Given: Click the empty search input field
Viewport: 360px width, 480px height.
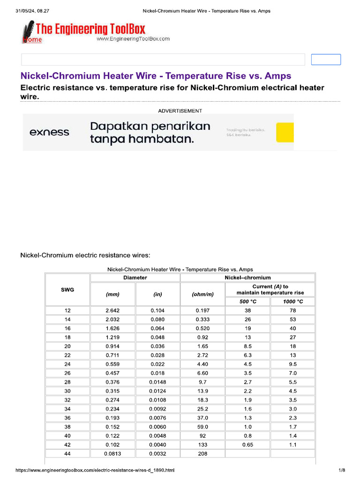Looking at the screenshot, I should [x=163, y=60].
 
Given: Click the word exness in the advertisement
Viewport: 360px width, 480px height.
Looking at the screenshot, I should [x=49, y=132].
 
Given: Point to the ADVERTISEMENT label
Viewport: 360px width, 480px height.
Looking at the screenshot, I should [x=180, y=111].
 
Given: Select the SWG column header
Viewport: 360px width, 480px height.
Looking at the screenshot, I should [x=67, y=290].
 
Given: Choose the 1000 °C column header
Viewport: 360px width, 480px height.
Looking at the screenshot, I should [x=293, y=301].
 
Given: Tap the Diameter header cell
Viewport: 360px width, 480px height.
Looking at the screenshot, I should [x=135, y=277].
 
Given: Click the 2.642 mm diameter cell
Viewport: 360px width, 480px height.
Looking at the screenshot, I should [x=112, y=311].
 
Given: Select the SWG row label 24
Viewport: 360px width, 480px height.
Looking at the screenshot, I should [x=67, y=364].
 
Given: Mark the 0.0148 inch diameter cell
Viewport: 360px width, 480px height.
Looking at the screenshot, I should [x=157, y=382].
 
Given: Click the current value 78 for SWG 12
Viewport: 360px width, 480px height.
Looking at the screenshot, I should [x=293, y=311].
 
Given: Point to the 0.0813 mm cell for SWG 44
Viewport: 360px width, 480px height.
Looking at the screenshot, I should [x=112, y=454].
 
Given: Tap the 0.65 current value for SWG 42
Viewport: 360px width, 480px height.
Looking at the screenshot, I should [x=247, y=445].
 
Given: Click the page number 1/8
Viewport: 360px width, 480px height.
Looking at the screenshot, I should [x=342, y=470].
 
